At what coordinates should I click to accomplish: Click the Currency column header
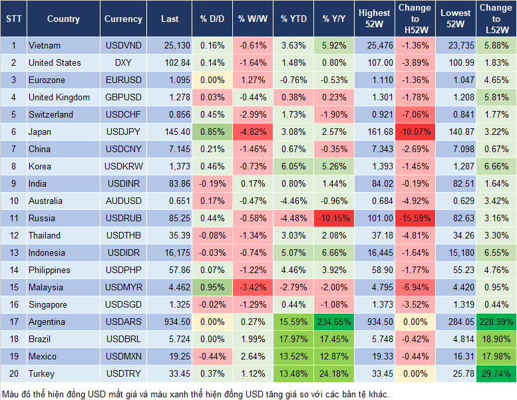tap(123, 19)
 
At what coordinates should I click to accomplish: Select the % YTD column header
tap(293, 19)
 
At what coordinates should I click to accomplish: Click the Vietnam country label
tap(45, 45)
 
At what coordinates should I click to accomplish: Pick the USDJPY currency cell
tap(123, 132)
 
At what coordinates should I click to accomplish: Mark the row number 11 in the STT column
tap(13, 218)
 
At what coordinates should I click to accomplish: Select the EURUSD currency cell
tap(123, 80)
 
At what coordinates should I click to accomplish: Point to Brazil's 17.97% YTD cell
tap(293, 339)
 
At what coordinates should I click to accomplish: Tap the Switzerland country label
tap(53, 114)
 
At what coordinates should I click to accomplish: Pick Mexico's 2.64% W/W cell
tap(252, 356)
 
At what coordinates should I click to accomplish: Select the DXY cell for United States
tap(123, 62)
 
